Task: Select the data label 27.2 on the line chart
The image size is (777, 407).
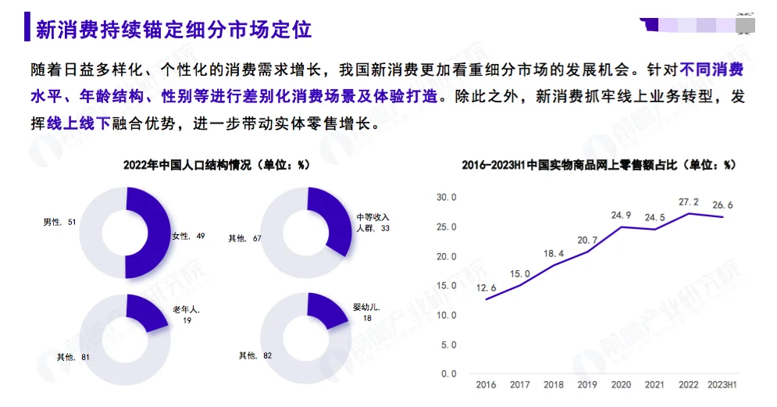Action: [x=689, y=201]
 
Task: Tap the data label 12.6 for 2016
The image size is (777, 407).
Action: [x=487, y=287]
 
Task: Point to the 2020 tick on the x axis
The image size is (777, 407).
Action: [x=621, y=385]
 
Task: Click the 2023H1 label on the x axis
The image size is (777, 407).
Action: [x=722, y=385]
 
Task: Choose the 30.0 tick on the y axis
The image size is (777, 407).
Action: [x=446, y=198]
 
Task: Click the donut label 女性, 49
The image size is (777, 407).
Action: [x=188, y=235]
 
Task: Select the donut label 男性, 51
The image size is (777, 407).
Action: [x=59, y=223]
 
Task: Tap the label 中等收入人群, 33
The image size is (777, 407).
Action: [x=372, y=222]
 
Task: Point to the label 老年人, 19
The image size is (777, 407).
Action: [x=187, y=315]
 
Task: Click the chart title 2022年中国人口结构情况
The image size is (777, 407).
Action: [x=217, y=165]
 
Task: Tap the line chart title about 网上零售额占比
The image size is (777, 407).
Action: [x=599, y=165]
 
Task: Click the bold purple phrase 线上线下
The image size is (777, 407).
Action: [x=79, y=123]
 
